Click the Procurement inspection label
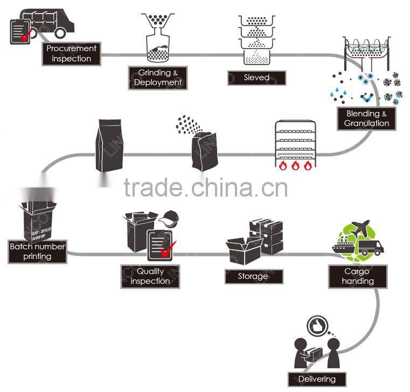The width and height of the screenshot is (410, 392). (71, 53)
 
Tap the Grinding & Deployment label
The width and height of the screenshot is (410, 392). (157, 78)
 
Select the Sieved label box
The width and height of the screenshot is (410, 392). (256, 78)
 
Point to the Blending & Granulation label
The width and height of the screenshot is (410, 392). (366, 118)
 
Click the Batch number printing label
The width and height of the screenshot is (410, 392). (37, 251)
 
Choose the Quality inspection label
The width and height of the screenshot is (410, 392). (150, 277)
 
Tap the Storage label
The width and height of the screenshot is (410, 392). (253, 276)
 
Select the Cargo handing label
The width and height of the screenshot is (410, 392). (357, 276)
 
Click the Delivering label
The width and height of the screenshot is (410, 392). (316, 379)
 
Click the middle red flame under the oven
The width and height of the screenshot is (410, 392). (294, 165)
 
